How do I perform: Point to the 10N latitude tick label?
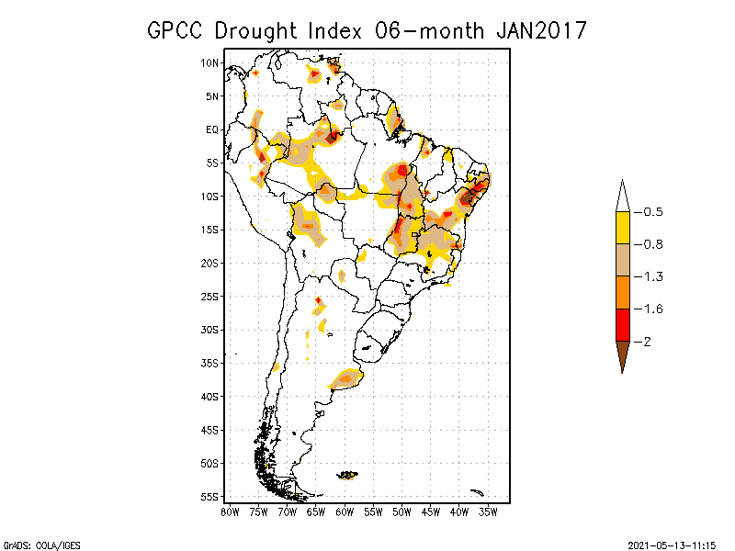tap(211, 62)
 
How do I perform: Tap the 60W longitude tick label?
tap(345, 511)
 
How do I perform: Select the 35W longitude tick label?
tap(488, 511)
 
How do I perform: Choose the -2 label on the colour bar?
tap(647, 342)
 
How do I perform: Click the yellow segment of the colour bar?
tap(622, 228)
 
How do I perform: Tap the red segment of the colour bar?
tap(622, 324)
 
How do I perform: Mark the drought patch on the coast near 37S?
tap(348, 377)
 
